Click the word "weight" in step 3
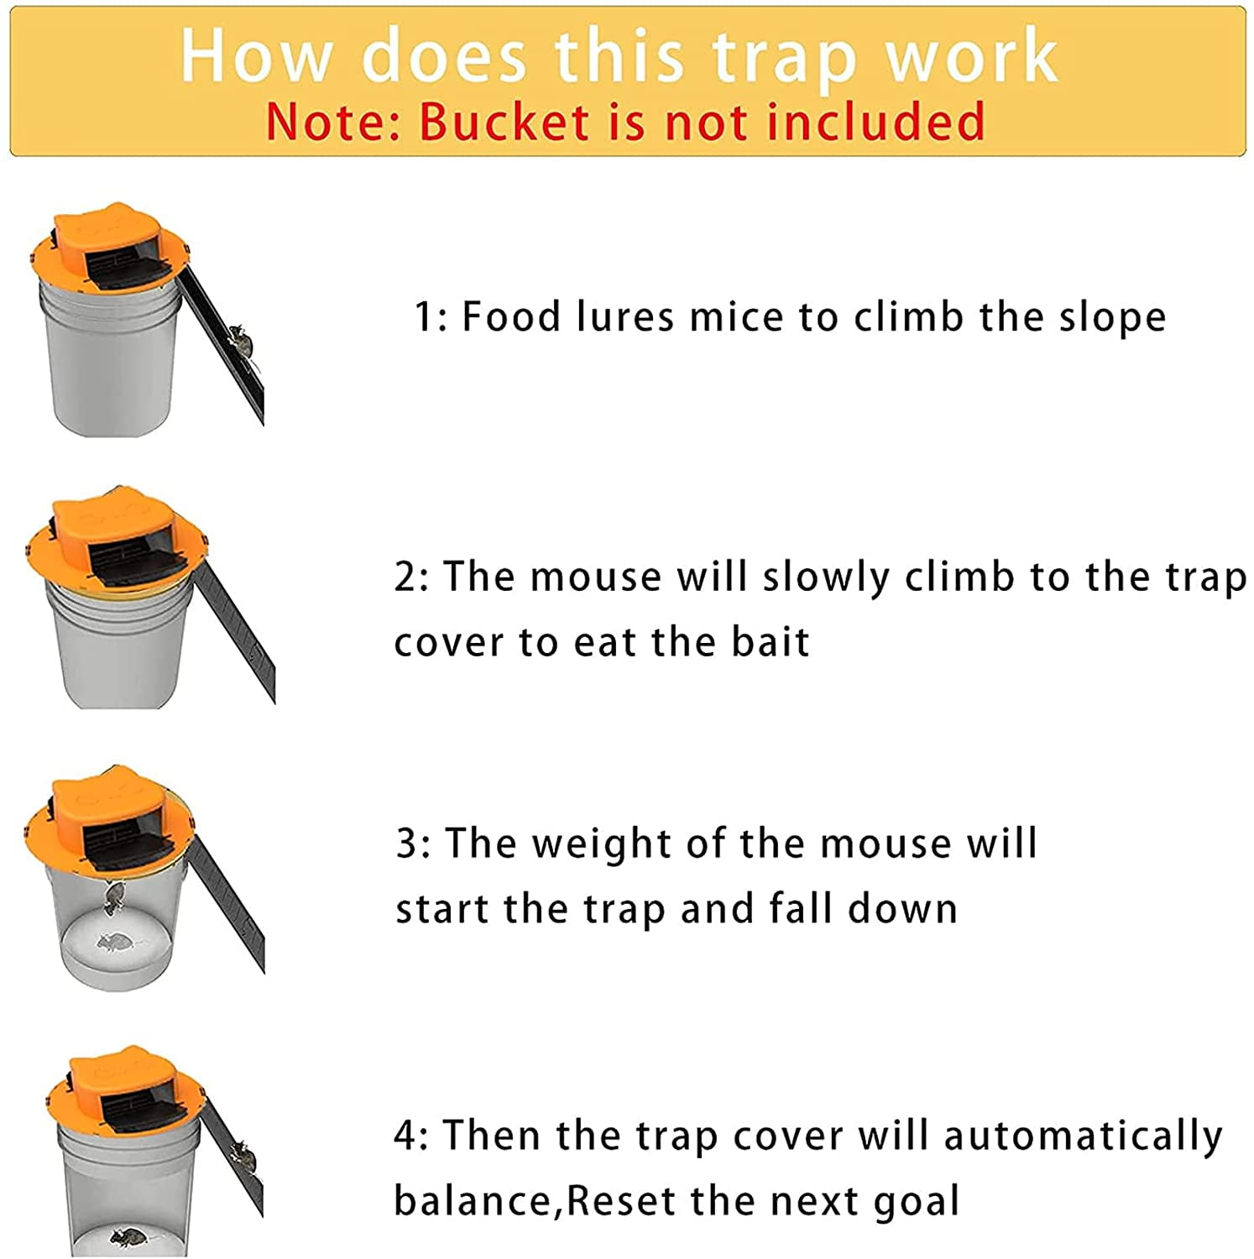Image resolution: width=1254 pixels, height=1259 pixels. point(601,844)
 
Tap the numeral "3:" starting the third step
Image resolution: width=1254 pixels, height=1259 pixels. point(414,844)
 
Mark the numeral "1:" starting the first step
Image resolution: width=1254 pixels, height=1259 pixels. point(431,317)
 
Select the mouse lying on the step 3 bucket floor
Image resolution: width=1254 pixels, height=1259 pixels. point(115,942)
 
